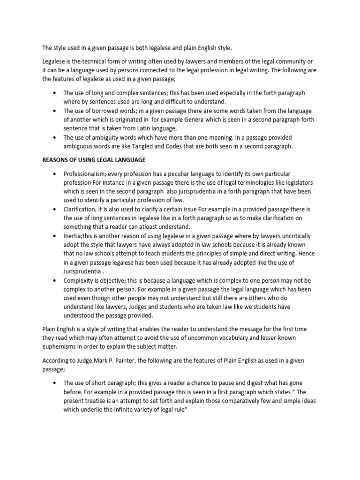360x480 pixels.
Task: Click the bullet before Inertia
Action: [x=55, y=236]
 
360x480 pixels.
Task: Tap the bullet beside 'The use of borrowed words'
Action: [x=55, y=111]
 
